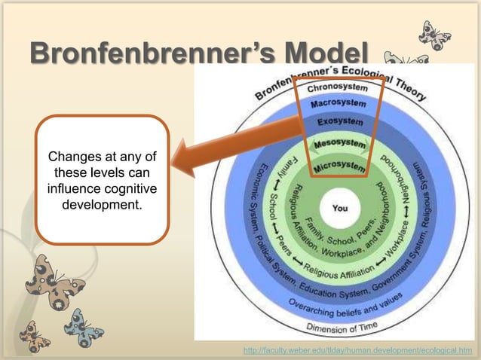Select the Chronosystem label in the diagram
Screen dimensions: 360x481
click(x=338, y=87)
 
